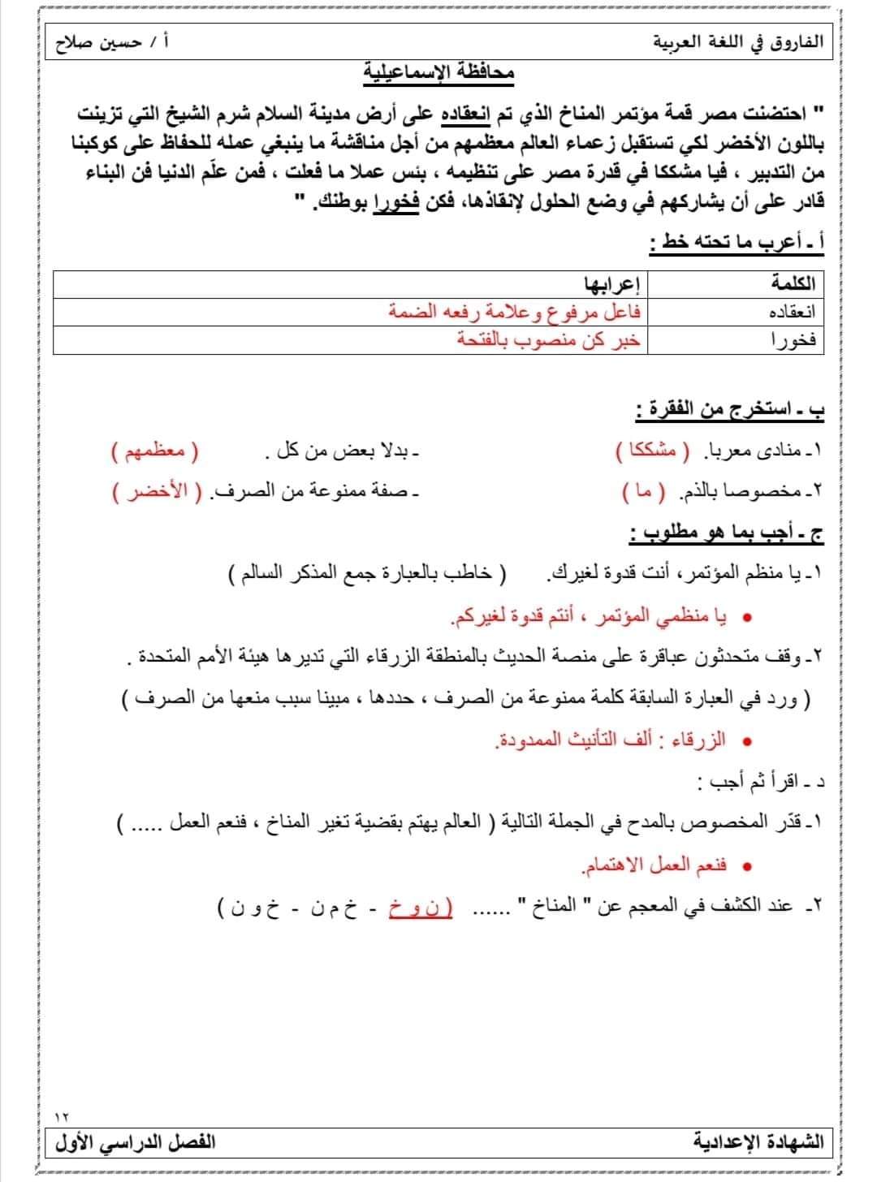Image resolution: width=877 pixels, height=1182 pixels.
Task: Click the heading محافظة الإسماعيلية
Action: point(438,73)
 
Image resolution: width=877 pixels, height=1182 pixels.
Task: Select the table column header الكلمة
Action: point(793,283)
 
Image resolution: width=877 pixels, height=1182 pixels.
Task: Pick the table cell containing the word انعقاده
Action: point(790,312)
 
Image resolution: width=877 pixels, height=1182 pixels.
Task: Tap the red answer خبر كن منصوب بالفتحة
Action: point(549,340)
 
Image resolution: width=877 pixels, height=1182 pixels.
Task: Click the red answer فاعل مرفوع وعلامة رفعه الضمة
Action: point(515,312)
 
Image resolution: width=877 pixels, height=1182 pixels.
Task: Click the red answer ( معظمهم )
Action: point(154,451)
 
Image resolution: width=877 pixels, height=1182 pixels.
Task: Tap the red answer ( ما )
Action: point(643,492)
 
